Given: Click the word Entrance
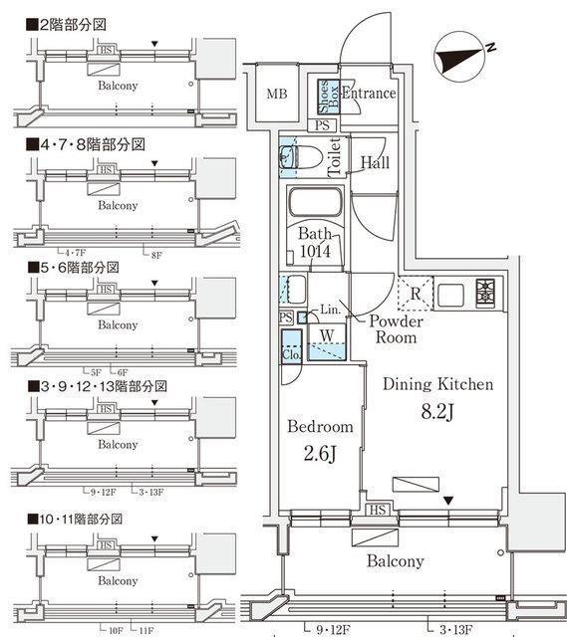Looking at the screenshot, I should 369,94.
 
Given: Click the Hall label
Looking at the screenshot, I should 375,162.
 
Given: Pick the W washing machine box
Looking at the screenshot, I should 325,334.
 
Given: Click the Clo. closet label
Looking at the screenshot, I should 292,354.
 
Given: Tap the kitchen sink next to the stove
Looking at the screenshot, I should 448,294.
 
